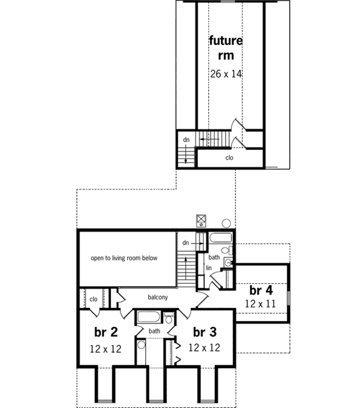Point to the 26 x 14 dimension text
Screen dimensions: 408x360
[x=226, y=75]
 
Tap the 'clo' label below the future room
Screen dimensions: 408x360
[x=229, y=158]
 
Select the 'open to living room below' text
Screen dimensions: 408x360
[x=124, y=258]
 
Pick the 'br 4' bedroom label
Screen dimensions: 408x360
[x=260, y=289]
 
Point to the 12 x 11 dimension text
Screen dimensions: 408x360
[x=260, y=304]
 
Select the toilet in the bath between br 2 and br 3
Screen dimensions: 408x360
[x=168, y=318]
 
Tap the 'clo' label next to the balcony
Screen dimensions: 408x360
[x=94, y=298]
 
